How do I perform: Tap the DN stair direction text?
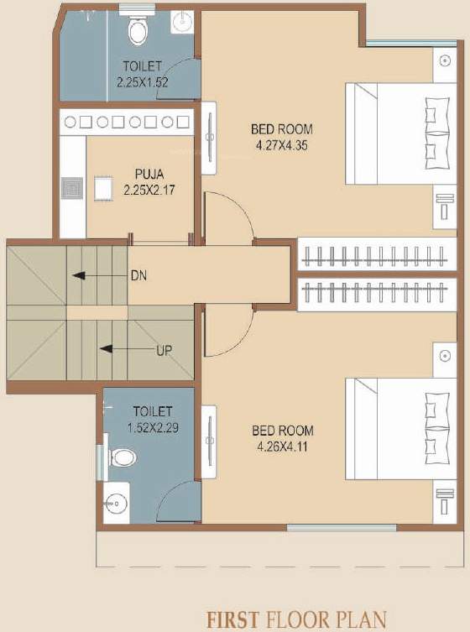pos(138,274)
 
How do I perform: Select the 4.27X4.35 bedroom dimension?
pos(282,144)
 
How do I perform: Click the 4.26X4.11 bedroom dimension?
pos(282,447)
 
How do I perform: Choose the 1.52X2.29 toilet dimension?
pos(152,426)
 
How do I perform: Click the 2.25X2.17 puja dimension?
pos(143,191)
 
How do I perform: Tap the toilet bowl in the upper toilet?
pos(137,29)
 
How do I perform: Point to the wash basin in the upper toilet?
pos(181,21)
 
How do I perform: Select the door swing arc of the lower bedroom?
pos(227,331)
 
